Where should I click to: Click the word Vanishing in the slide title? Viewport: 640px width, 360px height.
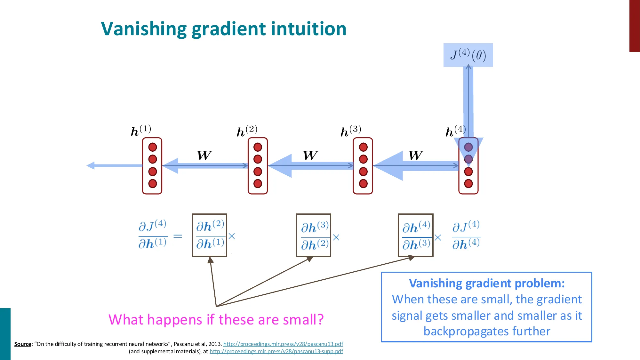pyautogui.click(x=144, y=29)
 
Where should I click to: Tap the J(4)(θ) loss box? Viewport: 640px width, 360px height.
pyautogui.click(x=468, y=55)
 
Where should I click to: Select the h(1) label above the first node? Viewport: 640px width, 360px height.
pyautogui.click(x=141, y=130)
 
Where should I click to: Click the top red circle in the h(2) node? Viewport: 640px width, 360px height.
pyautogui.click(x=258, y=147)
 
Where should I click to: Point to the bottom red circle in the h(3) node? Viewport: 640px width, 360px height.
pyautogui.click(x=363, y=184)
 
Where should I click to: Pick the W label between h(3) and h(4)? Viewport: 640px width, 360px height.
pyautogui.click(x=415, y=156)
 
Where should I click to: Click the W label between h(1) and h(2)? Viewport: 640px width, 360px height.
pyautogui.click(x=204, y=156)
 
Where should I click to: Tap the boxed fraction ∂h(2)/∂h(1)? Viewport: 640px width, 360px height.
pyautogui.click(x=210, y=235)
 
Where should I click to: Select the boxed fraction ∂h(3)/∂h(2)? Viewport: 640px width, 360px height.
pyautogui.click(x=314, y=235)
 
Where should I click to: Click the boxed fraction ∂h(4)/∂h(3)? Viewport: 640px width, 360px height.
pyautogui.click(x=415, y=235)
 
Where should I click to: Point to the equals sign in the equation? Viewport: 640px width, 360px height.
pyautogui.click(x=178, y=236)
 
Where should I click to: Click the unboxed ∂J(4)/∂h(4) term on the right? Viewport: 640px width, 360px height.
pyautogui.click(x=466, y=235)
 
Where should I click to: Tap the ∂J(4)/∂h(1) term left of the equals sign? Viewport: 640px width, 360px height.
pyautogui.click(x=152, y=235)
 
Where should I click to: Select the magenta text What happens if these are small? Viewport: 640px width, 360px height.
pyautogui.click(x=216, y=320)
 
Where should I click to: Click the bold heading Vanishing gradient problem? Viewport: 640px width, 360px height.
pyautogui.click(x=487, y=284)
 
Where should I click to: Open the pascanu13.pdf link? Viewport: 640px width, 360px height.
pyautogui.click(x=283, y=344)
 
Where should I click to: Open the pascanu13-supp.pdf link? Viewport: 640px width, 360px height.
pyautogui.click(x=276, y=351)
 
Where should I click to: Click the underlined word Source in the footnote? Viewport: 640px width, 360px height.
pyautogui.click(x=23, y=344)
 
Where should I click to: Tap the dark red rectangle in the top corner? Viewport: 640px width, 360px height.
pyautogui.click(x=634, y=26)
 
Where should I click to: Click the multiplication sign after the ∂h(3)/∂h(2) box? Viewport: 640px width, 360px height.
pyautogui.click(x=336, y=237)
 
